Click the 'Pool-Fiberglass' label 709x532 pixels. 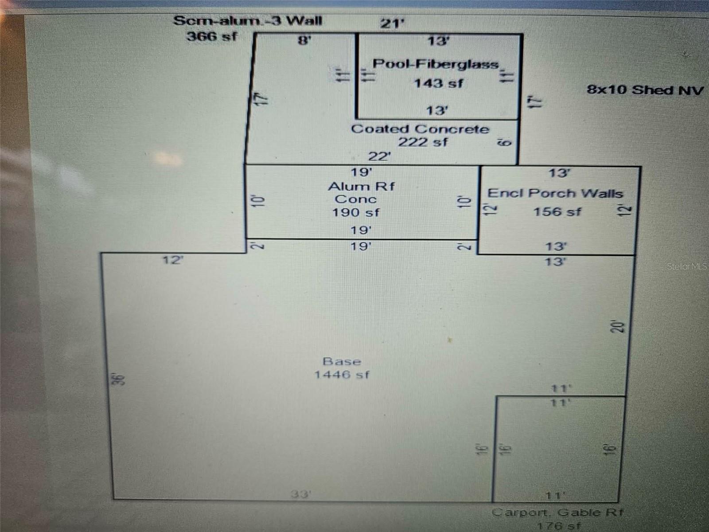(x=436, y=64)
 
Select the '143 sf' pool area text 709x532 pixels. (x=438, y=83)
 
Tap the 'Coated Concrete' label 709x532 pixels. (x=420, y=129)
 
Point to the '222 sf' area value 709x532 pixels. (x=423, y=142)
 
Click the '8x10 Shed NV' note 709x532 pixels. (x=645, y=90)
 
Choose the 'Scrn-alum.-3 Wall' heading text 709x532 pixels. (x=248, y=21)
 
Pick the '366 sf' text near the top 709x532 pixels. (x=212, y=36)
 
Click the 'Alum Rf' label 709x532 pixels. (x=361, y=186)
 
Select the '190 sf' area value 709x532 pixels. (x=356, y=212)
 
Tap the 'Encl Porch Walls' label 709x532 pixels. (x=555, y=193)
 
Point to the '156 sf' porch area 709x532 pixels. (x=557, y=212)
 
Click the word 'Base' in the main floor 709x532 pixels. (x=342, y=361)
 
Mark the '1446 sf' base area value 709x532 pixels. (x=342, y=375)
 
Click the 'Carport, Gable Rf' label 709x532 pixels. (x=557, y=512)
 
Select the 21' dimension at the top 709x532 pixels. (x=392, y=23)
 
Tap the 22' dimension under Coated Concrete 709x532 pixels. (x=379, y=156)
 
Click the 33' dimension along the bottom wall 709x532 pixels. (x=301, y=494)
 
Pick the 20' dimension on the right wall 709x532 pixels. (x=618, y=327)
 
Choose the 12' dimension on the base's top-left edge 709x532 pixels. (x=172, y=260)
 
